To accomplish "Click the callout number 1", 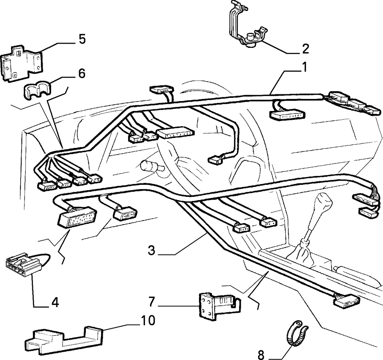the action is coord(304,67).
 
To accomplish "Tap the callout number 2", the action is coord(305,49).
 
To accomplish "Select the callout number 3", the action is coord(151,250).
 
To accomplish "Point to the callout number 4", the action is coord(55,303).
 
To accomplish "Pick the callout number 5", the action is coord(82,39).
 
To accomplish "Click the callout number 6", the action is coord(82,73).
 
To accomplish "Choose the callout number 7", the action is coord(152,301).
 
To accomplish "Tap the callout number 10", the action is coord(148,320).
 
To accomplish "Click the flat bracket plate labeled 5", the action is coord(22,63).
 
